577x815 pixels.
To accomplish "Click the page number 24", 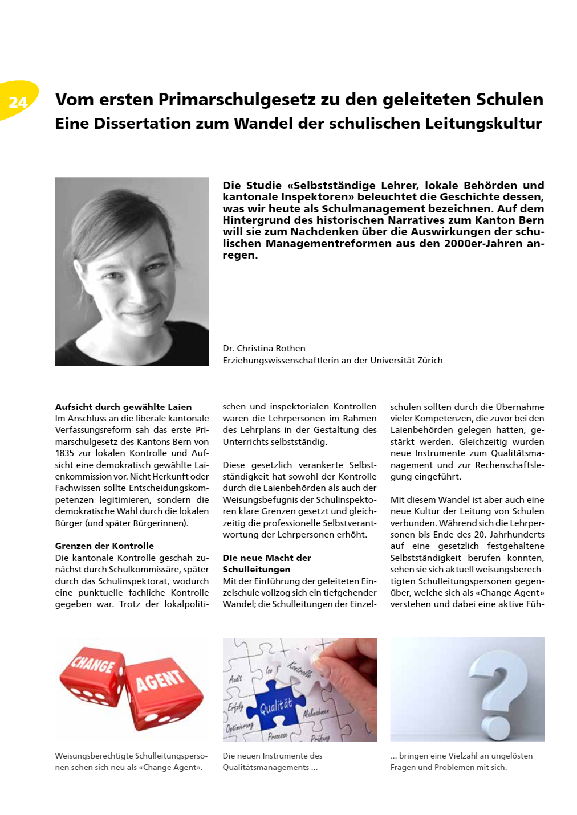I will [18, 102].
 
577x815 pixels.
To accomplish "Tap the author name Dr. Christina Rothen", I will [264, 349].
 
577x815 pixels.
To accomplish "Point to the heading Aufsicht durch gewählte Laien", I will [123, 407].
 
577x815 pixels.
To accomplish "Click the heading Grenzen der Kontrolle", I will [104, 546].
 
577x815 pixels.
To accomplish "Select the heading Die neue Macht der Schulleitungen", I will [267, 563].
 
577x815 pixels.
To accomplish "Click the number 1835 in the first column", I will [64, 453].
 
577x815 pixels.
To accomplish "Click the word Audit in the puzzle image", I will [235, 678].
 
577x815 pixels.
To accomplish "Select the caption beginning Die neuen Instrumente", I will [273, 761].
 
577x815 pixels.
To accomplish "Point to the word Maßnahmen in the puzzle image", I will [316, 712].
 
